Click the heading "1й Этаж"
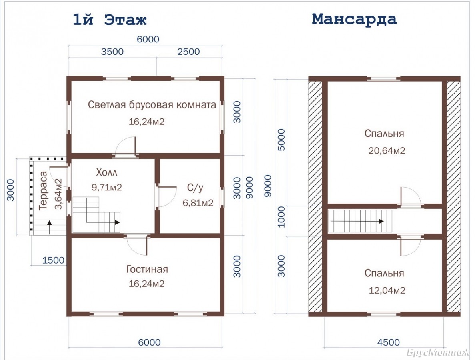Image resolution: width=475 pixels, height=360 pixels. (x=110, y=20)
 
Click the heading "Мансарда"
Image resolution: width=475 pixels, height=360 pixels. (x=354, y=19)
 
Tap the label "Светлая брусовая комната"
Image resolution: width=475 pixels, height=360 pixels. (x=152, y=105)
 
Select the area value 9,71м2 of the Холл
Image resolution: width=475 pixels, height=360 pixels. (x=107, y=188)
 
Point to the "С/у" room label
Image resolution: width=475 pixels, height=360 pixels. (x=195, y=188)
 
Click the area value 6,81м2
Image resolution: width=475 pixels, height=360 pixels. (x=198, y=202)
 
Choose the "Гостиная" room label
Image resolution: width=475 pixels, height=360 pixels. (x=147, y=269)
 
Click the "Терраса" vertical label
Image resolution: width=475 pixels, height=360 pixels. (x=43, y=190)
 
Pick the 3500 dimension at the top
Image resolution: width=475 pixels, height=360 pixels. (x=112, y=52)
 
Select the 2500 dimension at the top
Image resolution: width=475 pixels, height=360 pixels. (x=188, y=52)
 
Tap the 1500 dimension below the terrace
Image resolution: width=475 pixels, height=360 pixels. (x=53, y=260)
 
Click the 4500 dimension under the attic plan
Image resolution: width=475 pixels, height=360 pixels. (x=388, y=342)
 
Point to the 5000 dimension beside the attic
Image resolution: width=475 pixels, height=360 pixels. (x=281, y=140)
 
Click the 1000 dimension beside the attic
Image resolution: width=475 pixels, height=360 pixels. (x=281, y=217)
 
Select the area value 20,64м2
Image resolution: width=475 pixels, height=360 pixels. (x=387, y=150)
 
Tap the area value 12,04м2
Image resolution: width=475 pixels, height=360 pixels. (x=387, y=290)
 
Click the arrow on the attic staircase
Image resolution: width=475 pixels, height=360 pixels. (x=357, y=221)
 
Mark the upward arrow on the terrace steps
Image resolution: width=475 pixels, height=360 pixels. (x=49, y=227)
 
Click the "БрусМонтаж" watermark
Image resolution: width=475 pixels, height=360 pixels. (x=438, y=352)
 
